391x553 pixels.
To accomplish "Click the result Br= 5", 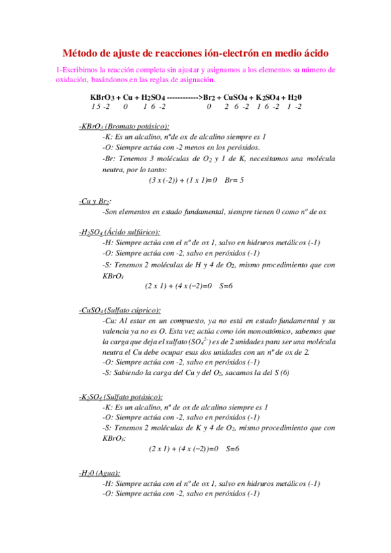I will pyautogui.click(x=233, y=179).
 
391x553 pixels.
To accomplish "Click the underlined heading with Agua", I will pyautogui.click(x=99, y=473).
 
